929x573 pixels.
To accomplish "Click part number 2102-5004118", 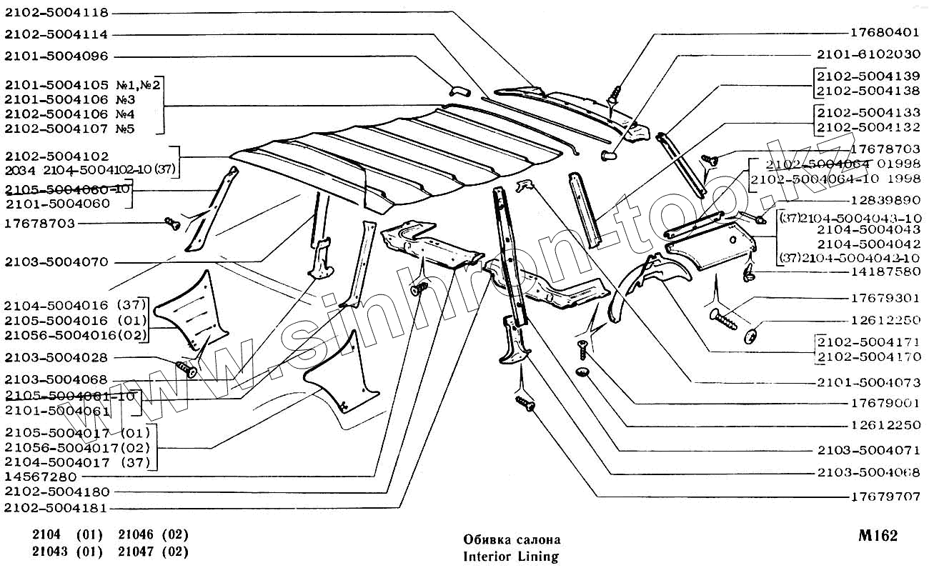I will point(56,12).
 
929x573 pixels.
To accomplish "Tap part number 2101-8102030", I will point(868,54).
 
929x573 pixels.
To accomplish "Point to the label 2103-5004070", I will point(56,262).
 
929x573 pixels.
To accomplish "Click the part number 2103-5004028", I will point(56,357).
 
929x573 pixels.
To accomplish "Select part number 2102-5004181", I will point(56,509).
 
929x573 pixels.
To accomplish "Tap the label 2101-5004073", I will point(868,382).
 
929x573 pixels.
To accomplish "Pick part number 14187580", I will point(885,271).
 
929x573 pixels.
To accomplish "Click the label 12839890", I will point(885,201).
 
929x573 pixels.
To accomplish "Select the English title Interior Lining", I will point(510,556).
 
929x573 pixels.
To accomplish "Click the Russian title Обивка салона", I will point(512,539).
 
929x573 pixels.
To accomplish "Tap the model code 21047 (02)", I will point(153,552).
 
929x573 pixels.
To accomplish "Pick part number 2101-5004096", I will point(56,56).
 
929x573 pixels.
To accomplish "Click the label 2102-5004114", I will point(56,34).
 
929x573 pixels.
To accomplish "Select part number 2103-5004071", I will point(868,451).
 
